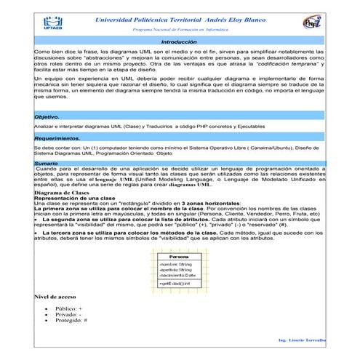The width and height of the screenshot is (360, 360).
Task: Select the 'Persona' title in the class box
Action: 179,257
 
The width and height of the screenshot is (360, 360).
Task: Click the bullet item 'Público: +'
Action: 69,309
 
